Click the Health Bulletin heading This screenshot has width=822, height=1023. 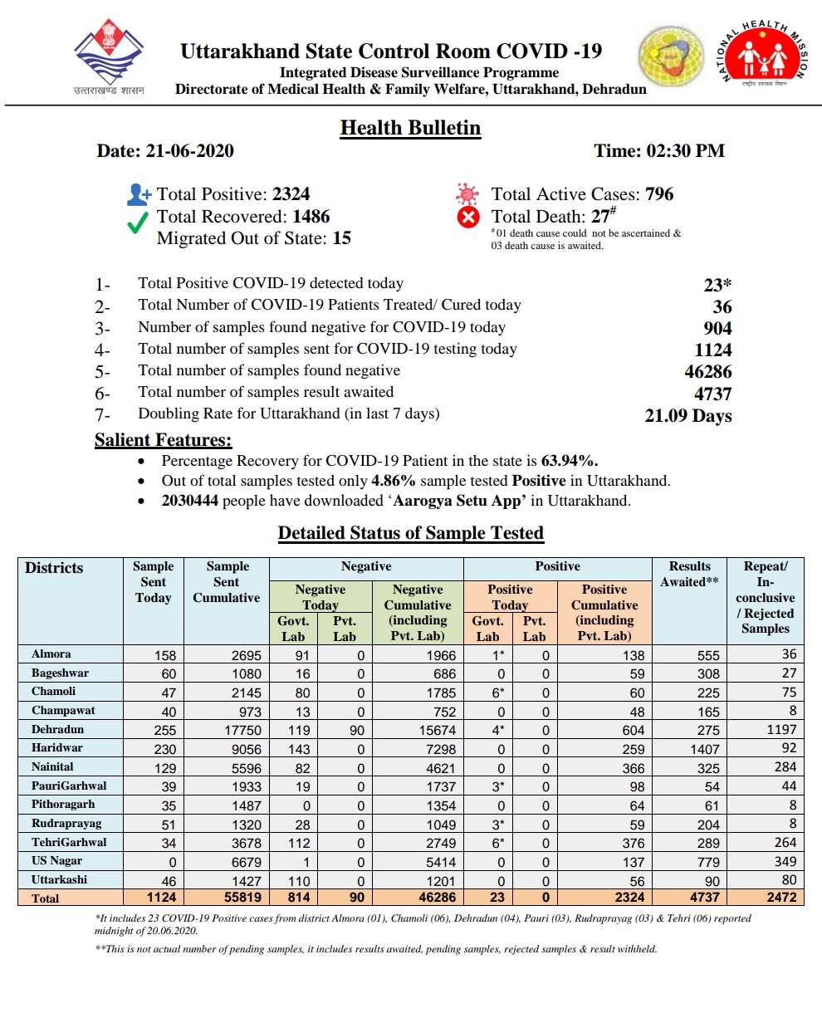point(410,128)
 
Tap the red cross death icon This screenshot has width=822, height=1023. point(469,218)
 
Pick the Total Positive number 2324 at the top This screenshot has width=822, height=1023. point(291,194)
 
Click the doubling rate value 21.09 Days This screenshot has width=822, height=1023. point(688,415)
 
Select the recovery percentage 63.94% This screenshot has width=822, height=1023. point(570,461)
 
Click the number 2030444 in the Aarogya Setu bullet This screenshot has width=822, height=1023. point(189,501)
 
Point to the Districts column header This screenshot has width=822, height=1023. point(54,568)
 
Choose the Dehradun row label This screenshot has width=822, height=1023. point(57,730)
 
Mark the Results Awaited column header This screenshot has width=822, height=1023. point(689,574)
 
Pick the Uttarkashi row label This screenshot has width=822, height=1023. point(59,879)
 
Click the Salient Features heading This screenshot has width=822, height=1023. point(163,440)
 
